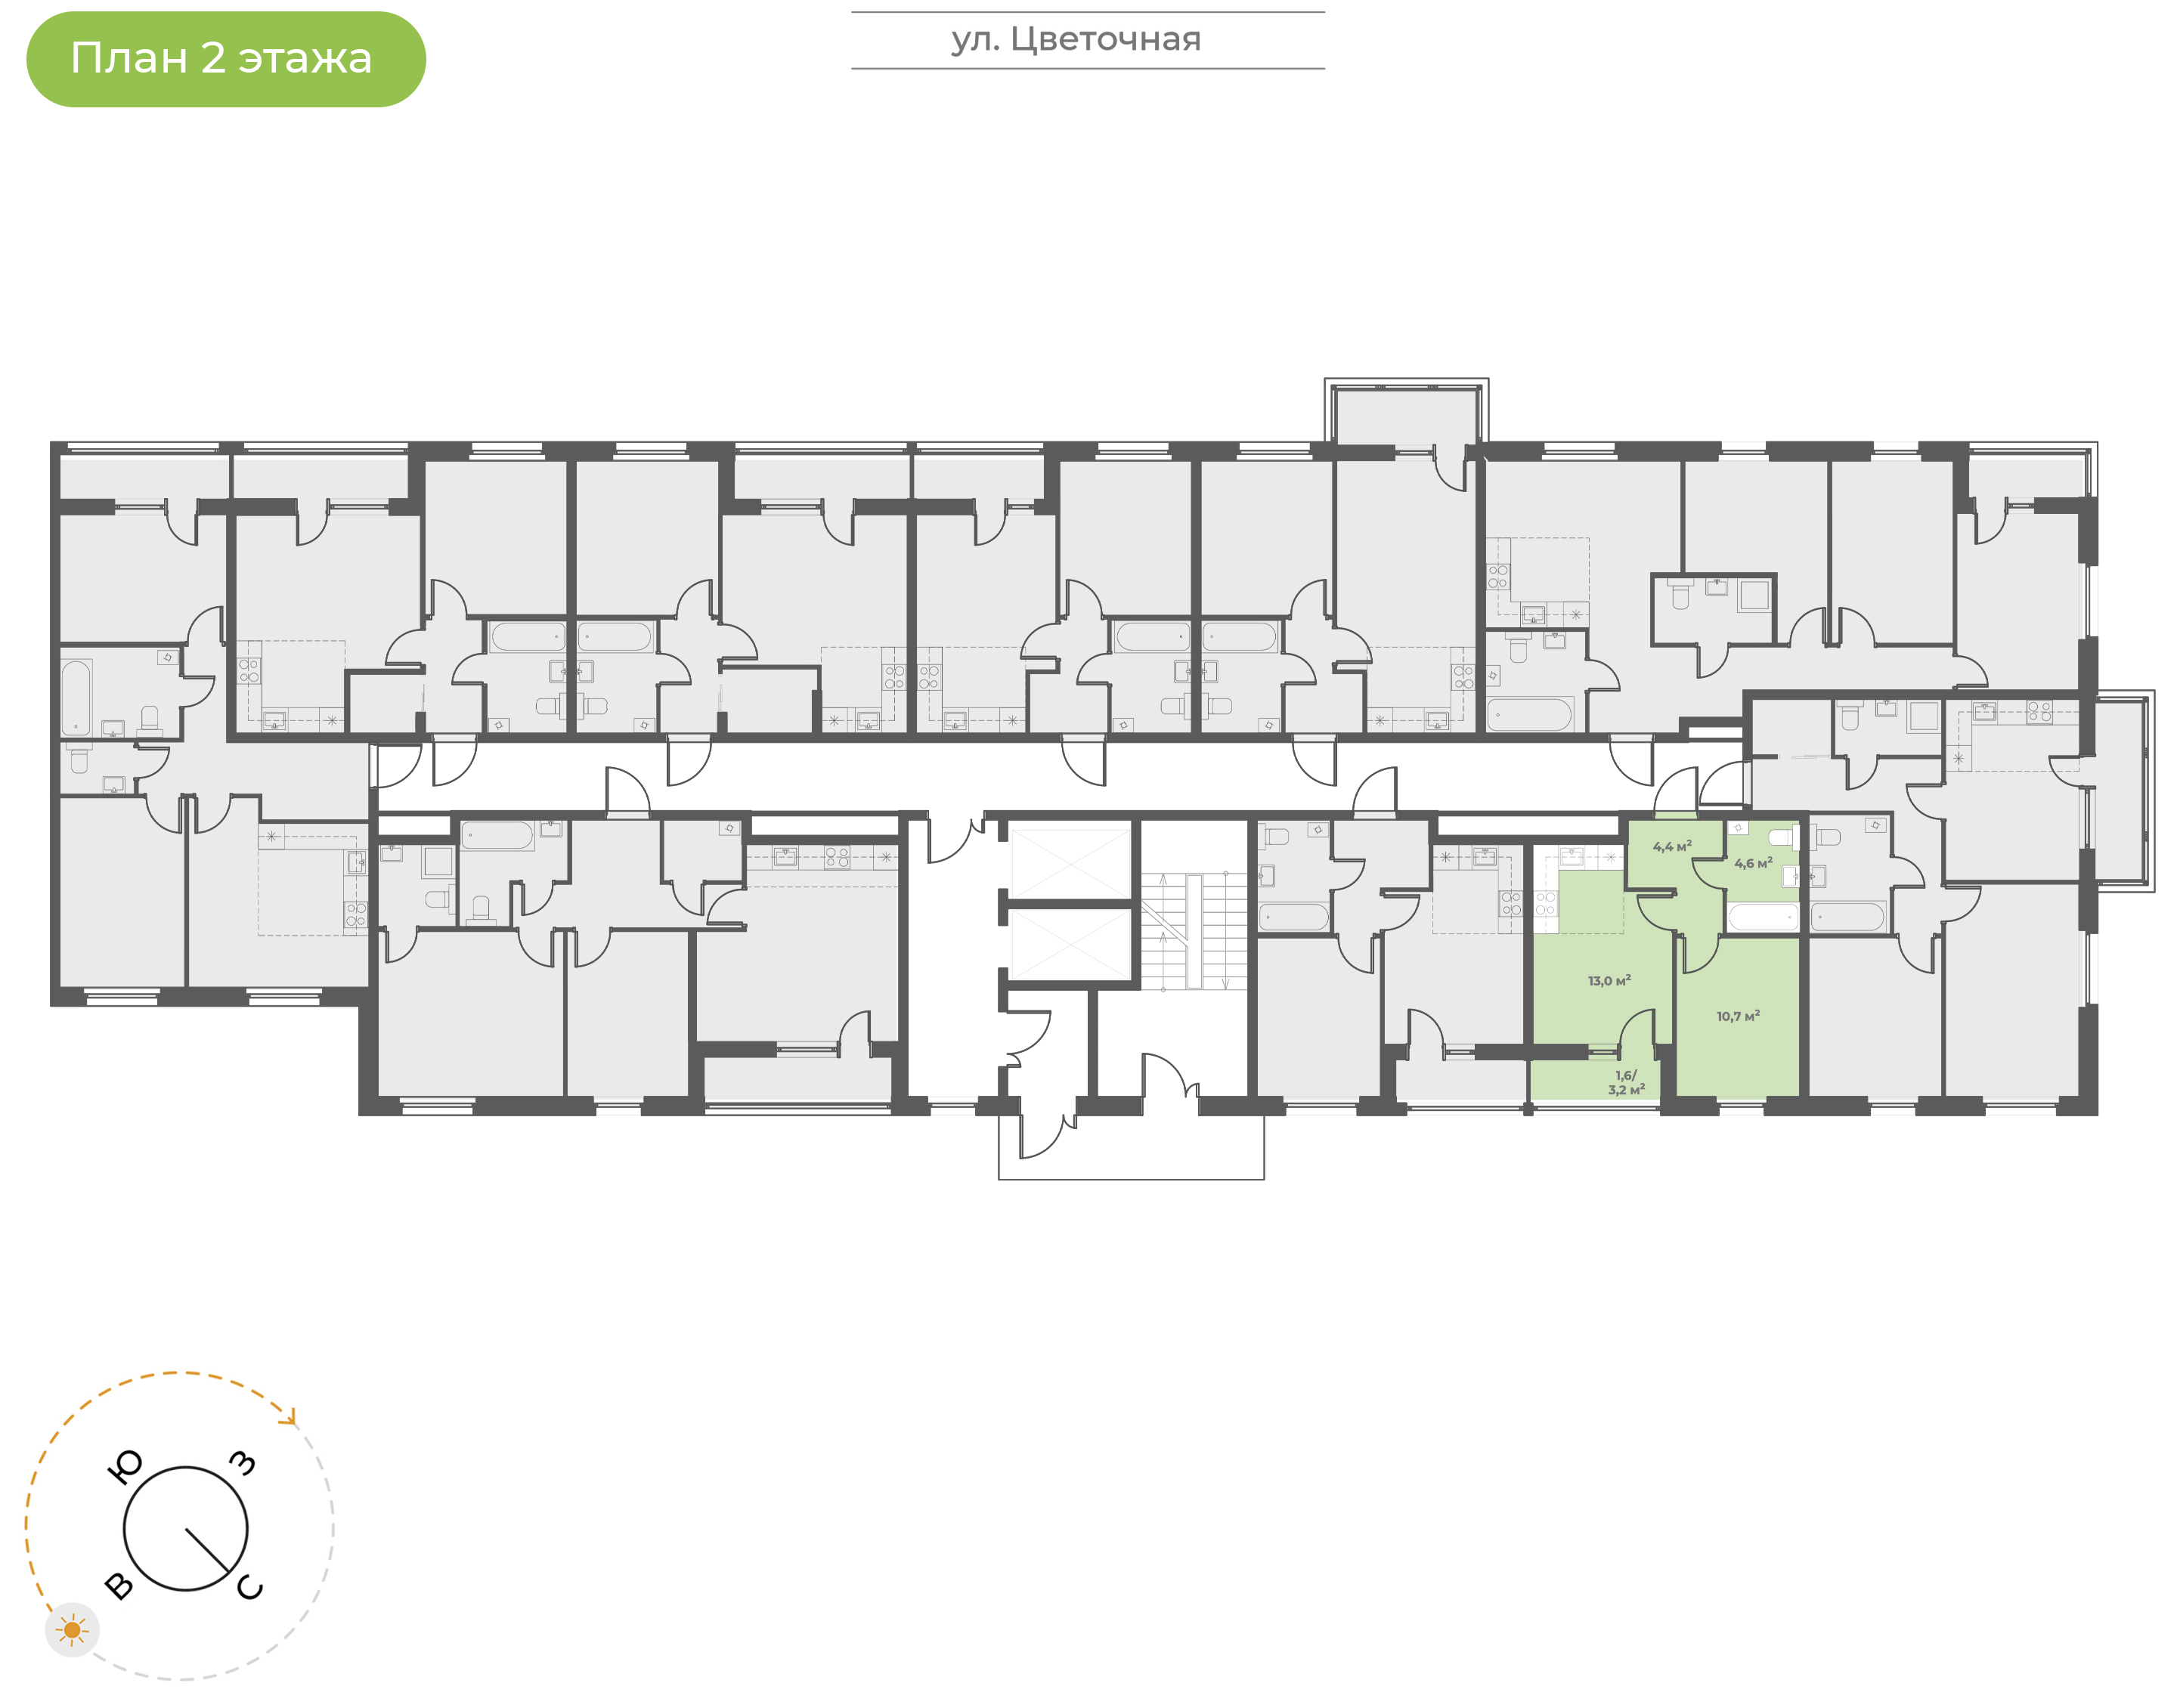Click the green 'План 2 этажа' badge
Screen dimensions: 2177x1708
pyautogui.click(x=226, y=59)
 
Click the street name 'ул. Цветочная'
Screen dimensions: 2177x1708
pyautogui.click(x=1076, y=40)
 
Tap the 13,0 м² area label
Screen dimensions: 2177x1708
pyautogui.click(x=1609, y=981)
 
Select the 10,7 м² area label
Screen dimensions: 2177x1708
pyautogui.click(x=1738, y=1016)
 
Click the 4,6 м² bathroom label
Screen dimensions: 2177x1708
pyautogui.click(x=1753, y=863)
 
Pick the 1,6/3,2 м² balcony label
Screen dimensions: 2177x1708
pyautogui.click(x=1626, y=1083)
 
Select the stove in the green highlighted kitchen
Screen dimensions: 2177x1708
pyautogui.click(x=1546, y=905)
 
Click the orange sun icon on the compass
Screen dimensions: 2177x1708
pyautogui.click(x=72, y=1630)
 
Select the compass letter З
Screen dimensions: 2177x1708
pyautogui.click(x=243, y=1463)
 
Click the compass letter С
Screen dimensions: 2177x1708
pyautogui.click(x=250, y=1587)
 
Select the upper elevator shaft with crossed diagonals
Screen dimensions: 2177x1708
pyautogui.click(x=1070, y=861)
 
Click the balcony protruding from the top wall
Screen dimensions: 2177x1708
pyautogui.click(x=1406, y=412)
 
